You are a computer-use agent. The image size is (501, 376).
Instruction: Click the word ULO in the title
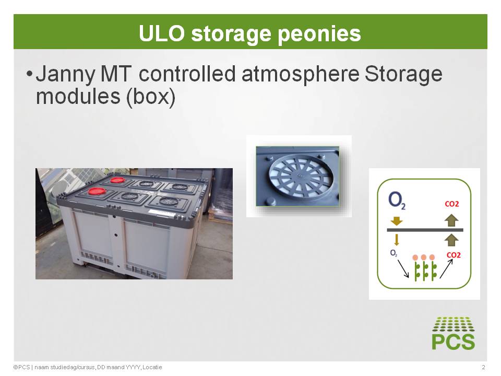click(x=162, y=33)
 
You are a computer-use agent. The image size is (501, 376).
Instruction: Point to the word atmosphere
click(x=300, y=74)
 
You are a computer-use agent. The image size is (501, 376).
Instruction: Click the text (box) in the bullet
click(x=151, y=97)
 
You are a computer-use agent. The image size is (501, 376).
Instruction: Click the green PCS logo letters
click(x=453, y=342)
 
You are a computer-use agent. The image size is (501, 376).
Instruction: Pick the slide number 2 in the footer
click(x=483, y=367)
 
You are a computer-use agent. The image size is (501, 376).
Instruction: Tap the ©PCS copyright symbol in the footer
click(x=15, y=367)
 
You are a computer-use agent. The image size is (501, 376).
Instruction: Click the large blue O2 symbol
click(x=397, y=201)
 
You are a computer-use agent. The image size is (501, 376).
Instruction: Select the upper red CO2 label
click(x=452, y=204)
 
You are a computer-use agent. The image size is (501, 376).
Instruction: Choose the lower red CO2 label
click(x=454, y=255)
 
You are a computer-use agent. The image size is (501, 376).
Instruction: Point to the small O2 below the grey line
click(x=393, y=253)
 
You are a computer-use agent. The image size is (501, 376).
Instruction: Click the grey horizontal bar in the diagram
click(x=425, y=230)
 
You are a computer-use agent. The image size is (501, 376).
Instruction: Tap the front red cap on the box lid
click(x=96, y=191)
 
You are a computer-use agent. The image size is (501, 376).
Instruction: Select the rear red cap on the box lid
click(x=117, y=180)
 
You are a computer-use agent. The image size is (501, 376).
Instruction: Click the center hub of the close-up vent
click(x=300, y=176)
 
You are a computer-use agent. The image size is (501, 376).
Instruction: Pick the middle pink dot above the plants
click(x=424, y=257)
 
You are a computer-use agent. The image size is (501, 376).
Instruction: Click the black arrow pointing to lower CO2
click(x=446, y=268)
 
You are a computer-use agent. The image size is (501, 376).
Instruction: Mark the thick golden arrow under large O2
click(x=397, y=221)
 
